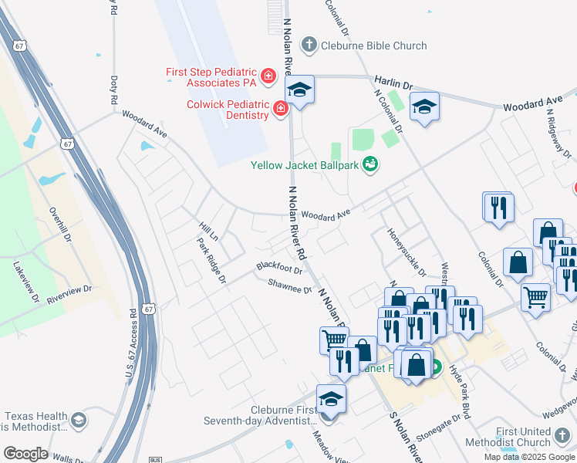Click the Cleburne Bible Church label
tap(373, 46)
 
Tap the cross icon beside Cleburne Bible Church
tap(309, 45)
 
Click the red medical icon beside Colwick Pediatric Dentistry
tap(281, 109)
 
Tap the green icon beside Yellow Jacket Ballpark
tap(370, 164)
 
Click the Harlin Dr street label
tap(394, 81)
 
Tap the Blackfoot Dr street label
tap(278, 267)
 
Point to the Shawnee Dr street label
tap(289, 285)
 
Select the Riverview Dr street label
tap(69, 293)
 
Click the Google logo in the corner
tap(26, 454)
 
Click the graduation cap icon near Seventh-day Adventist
tap(331, 400)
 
